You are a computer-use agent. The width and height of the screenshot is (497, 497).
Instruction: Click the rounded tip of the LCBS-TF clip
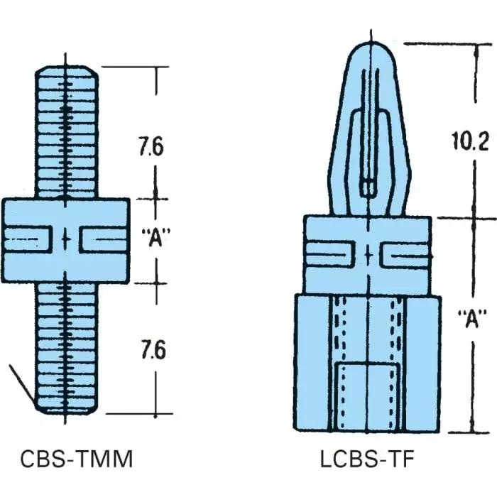click(367, 53)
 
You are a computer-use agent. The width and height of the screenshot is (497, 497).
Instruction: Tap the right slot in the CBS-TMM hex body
click(103, 239)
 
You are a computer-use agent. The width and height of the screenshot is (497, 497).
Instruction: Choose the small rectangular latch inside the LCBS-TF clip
click(367, 187)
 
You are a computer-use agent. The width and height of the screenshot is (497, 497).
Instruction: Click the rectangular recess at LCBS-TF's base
click(367, 394)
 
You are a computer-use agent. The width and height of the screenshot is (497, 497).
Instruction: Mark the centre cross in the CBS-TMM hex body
click(66, 239)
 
